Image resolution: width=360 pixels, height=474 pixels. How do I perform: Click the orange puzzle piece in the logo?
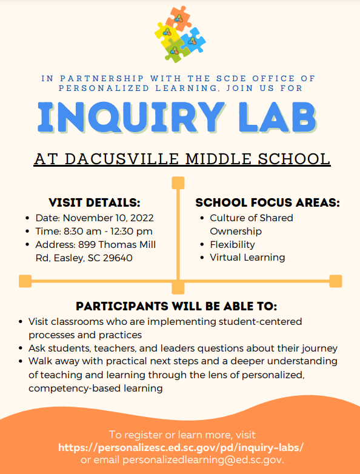click(178, 17)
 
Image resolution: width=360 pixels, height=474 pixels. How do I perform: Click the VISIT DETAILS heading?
click(94, 202)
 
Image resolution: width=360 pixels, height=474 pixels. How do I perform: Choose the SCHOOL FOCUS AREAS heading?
click(267, 202)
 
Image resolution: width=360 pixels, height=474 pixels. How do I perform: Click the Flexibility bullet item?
click(232, 244)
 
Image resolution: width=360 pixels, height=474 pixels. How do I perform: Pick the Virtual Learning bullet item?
click(247, 257)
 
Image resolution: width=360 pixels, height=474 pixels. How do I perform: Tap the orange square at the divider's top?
click(178, 182)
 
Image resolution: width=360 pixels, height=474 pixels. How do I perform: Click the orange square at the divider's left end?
click(25, 281)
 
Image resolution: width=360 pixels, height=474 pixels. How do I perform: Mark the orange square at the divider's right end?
click(335, 281)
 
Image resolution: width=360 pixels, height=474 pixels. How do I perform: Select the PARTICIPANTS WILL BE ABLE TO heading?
click(176, 306)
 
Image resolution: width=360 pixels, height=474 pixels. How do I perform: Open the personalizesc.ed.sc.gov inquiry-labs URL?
click(181, 447)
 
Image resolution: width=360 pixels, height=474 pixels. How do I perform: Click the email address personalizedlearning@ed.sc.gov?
click(203, 459)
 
